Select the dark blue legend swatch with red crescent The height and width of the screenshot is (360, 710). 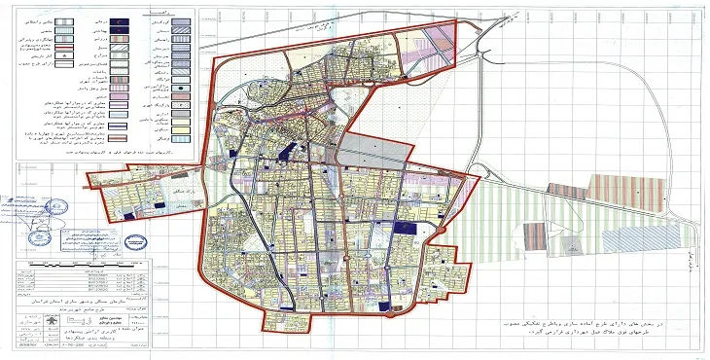coord(119,20)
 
